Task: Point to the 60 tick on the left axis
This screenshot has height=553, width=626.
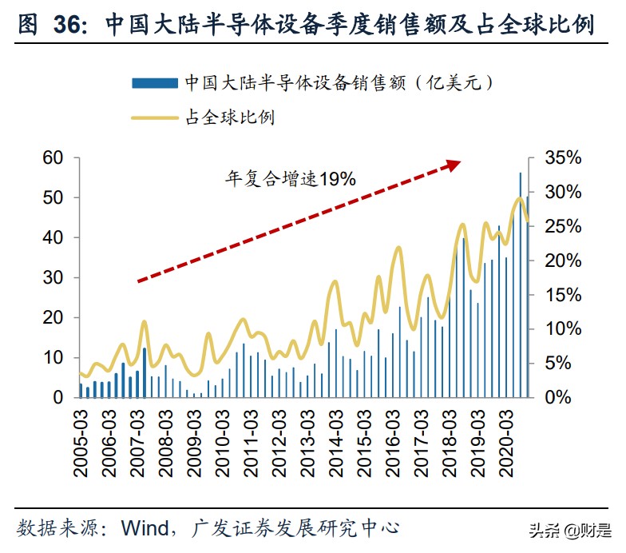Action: pyautogui.click(x=53, y=158)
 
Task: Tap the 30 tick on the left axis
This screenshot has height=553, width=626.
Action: pyautogui.click(x=53, y=277)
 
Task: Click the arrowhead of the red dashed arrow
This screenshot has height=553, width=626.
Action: pyautogui.click(x=454, y=164)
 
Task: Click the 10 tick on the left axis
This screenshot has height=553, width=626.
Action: pyautogui.click(x=53, y=357)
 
